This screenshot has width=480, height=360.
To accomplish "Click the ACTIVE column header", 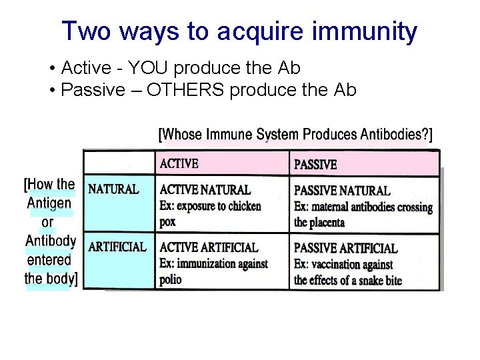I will tap(179, 163).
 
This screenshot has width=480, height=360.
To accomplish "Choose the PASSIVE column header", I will tap(315, 164).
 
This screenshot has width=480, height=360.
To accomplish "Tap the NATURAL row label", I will tap(113, 189).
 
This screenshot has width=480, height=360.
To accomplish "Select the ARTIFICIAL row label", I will tap(117, 247).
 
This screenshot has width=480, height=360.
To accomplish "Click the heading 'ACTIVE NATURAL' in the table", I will tap(205, 190).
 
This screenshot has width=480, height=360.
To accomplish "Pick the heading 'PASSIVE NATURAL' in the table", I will tap(342, 191).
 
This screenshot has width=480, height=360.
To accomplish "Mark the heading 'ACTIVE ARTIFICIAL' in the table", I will tap(209, 247).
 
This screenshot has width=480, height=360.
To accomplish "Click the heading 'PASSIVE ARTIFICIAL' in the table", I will tap(345, 248).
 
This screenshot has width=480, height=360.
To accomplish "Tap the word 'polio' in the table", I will tap(171, 280).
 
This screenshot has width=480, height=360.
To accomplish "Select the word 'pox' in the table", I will tap(167, 222).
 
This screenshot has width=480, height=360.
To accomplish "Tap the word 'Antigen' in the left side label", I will tap(49, 203).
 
